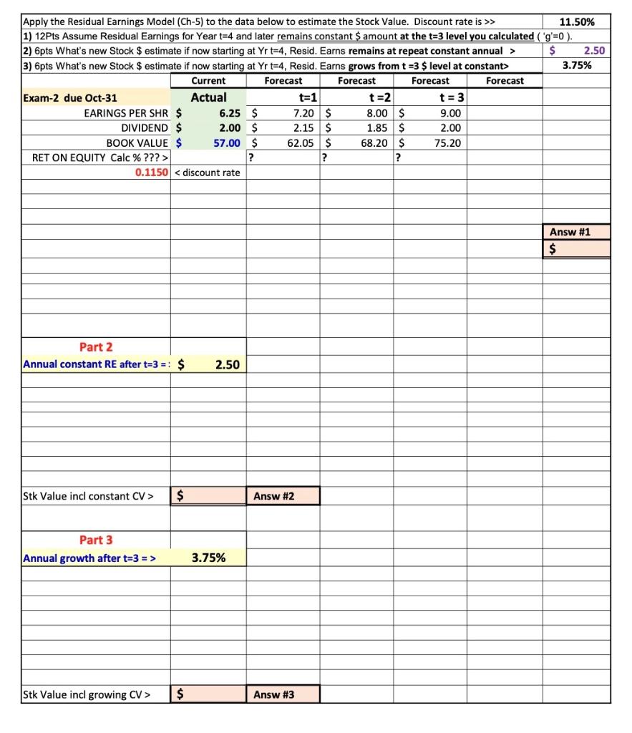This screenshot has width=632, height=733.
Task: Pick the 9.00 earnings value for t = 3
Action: (x=451, y=113)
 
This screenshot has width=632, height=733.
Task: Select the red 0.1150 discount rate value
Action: (x=151, y=173)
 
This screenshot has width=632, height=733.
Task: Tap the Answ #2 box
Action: (x=283, y=495)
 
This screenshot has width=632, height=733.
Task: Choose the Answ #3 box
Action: (x=283, y=694)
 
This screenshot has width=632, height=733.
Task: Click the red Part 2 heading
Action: (x=96, y=347)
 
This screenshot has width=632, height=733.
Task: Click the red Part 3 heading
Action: (x=96, y=540)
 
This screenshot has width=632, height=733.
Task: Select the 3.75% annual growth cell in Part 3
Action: (x=208, y=558)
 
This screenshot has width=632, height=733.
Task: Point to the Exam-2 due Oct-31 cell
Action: (x=70, y=98)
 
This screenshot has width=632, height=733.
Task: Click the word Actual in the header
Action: (x=208, y=97)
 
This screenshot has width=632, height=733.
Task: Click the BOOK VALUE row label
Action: (x=137, y=142)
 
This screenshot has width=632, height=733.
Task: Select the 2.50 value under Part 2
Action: (x=227, y=365)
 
